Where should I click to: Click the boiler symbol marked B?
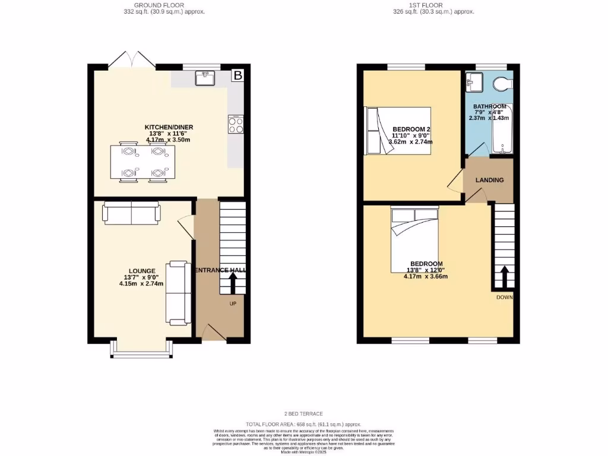point(237,75)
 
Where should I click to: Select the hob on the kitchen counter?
point(235,125)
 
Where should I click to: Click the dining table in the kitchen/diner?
point(142,162)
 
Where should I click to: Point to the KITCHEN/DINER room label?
point(169,127)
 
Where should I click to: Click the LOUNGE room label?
point(141,271)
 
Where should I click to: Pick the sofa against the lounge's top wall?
point(132,213)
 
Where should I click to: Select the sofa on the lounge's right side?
point(178,293)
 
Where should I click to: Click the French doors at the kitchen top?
point(132,59)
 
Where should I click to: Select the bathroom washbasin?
point(475,82)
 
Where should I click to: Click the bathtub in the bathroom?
point(504,128)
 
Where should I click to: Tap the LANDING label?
point(490,180)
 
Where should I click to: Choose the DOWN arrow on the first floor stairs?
point(504,276)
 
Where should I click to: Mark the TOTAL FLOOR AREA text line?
point(304,425)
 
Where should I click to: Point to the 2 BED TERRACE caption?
point(304,413)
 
